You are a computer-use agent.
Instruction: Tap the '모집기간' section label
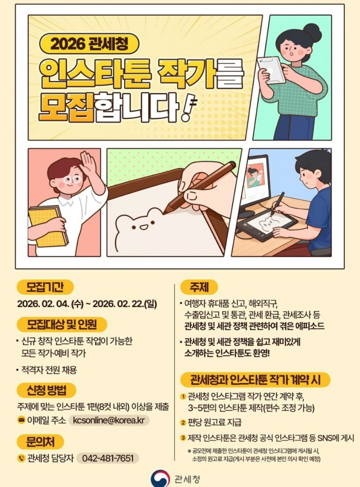coord(45,287)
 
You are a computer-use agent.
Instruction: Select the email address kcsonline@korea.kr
coord(109,420)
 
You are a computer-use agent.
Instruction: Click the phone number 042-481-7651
coord(107,458)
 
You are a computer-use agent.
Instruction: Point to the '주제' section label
coord(199,287)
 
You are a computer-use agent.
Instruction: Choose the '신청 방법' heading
coord(46,391)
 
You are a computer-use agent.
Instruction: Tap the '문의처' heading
coord(40,442)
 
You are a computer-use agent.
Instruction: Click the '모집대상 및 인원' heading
coord(62,324)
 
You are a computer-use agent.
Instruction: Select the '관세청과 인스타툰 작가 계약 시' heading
coord(255,380)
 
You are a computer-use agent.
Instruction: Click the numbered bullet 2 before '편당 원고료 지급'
coord(184,422)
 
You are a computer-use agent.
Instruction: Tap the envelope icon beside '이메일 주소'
coord(21,421)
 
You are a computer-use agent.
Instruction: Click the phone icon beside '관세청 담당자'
coord(21,458)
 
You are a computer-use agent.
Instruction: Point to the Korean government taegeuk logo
coord(160,479)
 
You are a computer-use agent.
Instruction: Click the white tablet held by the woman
coord(271,70)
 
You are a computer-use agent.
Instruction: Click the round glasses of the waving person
coord(72,179)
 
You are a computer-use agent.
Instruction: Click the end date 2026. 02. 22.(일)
coord(125,304)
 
